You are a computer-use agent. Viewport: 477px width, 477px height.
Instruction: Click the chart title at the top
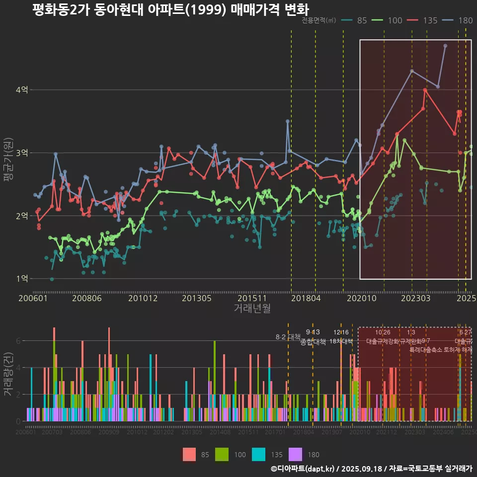click(170, 10)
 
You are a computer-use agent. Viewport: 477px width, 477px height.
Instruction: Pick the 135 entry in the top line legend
click(423, 20)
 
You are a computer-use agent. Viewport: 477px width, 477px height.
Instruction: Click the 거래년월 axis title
click(252, 308)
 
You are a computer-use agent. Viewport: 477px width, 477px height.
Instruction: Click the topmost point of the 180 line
click(445, 46)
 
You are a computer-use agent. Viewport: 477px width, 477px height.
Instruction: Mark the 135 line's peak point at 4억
click(425, 90)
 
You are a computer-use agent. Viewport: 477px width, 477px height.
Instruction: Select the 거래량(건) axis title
click(8, 374)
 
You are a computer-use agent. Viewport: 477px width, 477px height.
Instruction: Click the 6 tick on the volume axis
click(18, 341)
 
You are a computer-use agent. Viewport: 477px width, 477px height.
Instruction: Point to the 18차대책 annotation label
click(341, 341)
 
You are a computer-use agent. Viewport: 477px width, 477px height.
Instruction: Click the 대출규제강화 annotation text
click(383, 341)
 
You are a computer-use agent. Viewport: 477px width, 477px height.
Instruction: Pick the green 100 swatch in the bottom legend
click(222, 454)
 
